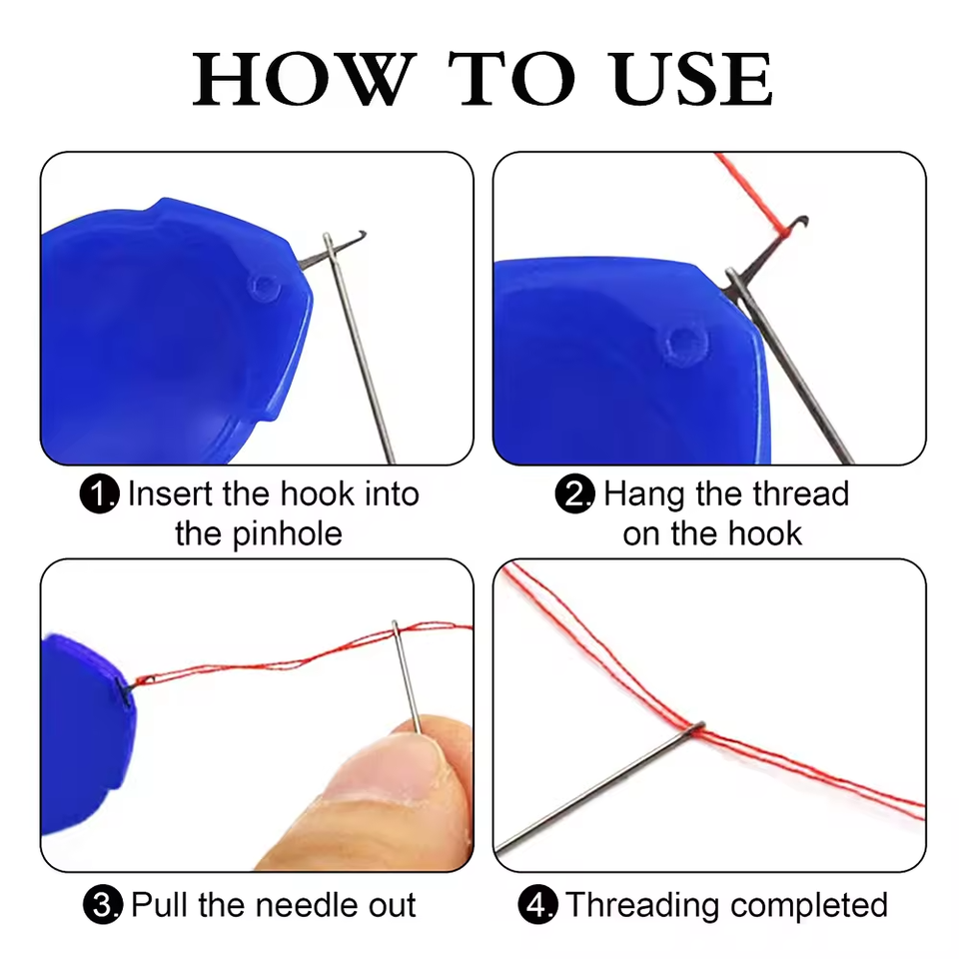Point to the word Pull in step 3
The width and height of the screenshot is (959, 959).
[x=161, y=905]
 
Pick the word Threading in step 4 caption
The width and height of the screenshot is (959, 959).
[x=649, y=905]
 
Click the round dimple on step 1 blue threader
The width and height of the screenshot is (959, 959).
[x=264, y=288]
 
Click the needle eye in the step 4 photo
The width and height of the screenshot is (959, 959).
[x=699, y=726]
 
